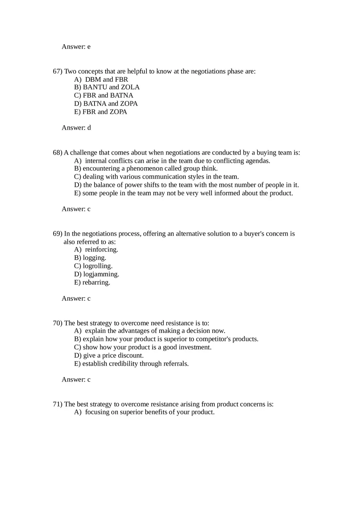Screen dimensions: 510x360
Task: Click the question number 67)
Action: point(58,72)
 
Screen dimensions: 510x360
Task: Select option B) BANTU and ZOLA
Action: point(107,87)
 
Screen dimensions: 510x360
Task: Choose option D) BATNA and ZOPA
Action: point(106,103)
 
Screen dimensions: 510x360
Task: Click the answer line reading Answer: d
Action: point(76,128)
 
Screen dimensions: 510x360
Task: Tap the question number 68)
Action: point(58,153)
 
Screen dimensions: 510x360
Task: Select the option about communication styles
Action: point(156,177)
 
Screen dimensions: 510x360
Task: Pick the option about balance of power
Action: point(186,185)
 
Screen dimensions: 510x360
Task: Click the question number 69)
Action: point(58,234)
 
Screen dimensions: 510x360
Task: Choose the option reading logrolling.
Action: point(93,266)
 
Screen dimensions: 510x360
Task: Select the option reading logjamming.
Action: point(97,274)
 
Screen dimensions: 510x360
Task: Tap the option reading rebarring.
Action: point(92,282)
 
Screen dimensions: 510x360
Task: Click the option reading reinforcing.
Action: point(96,249)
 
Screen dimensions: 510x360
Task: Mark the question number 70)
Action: point(58,323)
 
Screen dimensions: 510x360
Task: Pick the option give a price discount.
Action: point(109,355)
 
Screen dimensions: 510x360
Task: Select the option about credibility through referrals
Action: point(131,364)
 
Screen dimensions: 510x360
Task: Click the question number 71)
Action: point(58,404)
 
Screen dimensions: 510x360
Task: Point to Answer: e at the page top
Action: point(76,47)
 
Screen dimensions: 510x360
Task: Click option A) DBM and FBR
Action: point(101,79)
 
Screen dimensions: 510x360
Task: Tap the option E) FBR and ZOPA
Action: point(101,112)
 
